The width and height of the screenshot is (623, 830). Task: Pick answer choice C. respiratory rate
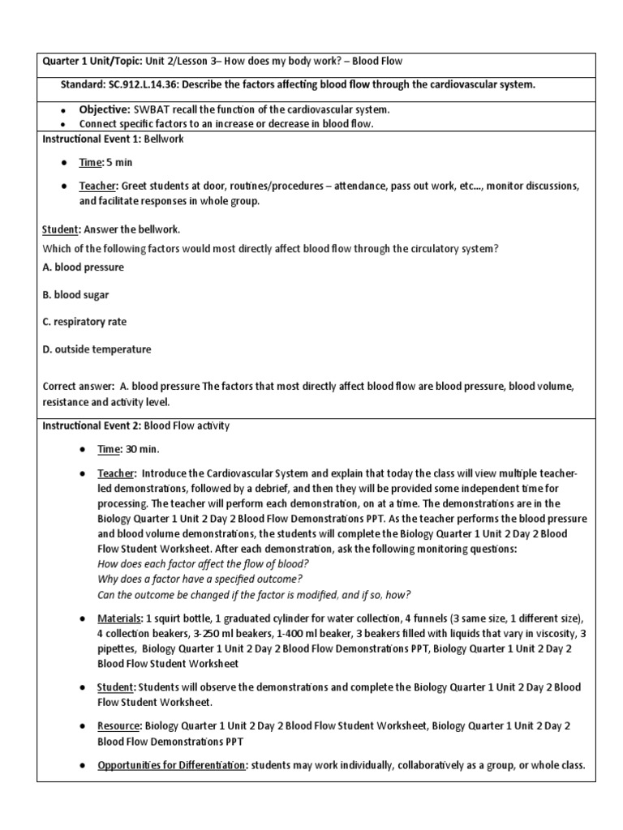[x=84, y=322]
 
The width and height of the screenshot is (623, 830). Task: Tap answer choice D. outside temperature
[x=97, y=349]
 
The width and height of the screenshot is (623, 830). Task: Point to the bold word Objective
[x=104, y=109]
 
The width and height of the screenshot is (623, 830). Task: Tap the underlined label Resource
[x=118, y=726]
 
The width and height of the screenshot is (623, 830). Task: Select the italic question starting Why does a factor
[x=200, y=579]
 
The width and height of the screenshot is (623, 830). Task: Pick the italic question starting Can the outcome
[x=254, y=593]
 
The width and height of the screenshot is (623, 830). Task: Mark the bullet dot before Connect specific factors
[x=63, y=124]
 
